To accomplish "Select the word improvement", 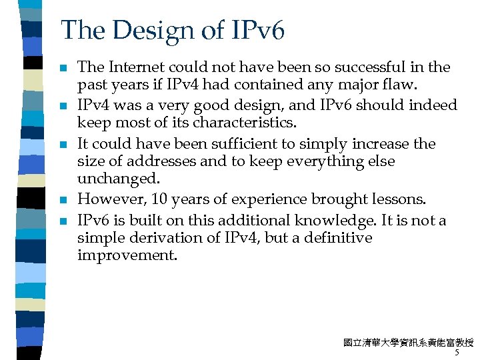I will [127, 255].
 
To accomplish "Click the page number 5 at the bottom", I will [457, 353].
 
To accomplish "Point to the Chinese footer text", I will [408, 343].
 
